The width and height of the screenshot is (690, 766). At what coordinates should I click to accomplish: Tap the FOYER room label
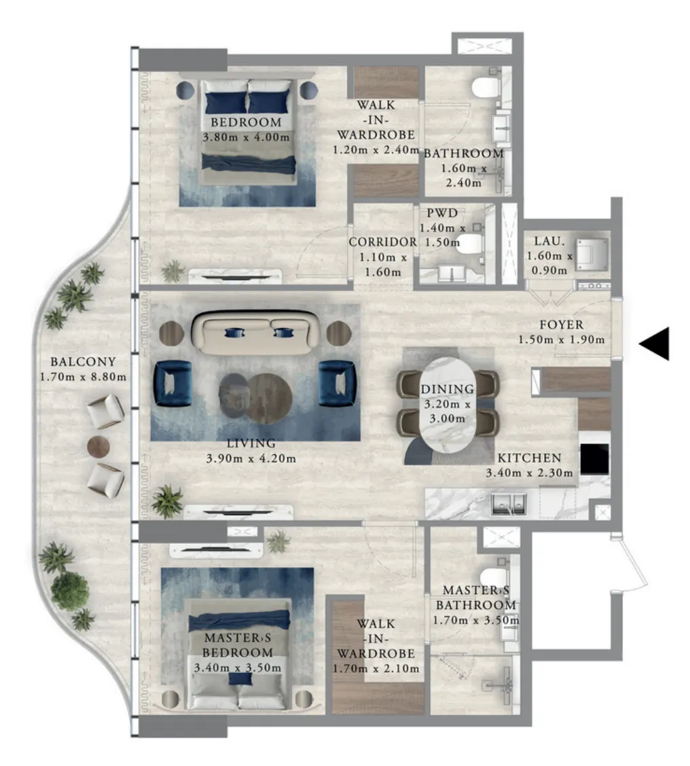(x=562, y=325)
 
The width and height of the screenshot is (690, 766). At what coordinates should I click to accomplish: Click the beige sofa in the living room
(x=255, y=333)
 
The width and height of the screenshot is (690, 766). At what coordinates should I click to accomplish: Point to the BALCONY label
(x=83, y=362)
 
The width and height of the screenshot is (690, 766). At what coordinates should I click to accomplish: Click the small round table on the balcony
(x=98, y=447)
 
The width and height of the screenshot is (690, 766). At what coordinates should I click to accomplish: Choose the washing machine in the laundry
(x=592, y=254)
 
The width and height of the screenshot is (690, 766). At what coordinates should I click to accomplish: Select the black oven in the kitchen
(x=594, y=459)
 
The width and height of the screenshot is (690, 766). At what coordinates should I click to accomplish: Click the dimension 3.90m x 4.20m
(x=251, y=459)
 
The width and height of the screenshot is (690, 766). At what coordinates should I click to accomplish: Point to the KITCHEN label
(x=529, y=458)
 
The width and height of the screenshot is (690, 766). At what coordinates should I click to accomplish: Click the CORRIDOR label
(x=382, y=242)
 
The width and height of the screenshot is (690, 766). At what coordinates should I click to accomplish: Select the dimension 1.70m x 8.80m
(x=83, y=377)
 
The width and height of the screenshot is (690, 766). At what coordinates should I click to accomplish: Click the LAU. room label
(x=549, y=241)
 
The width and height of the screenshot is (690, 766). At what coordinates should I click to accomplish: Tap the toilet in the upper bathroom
(x=486, y=88)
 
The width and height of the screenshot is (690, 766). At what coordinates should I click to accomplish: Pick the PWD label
(x=442, y=213)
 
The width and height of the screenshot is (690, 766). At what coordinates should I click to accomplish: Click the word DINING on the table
(x=447, y=389)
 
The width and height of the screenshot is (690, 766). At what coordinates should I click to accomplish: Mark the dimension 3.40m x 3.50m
(x=238, y=668)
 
